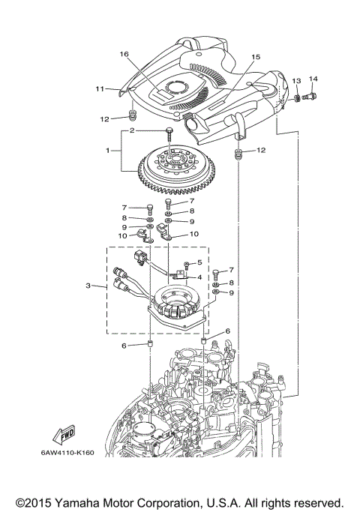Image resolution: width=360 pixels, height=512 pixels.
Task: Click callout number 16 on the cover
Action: tap(124, 54)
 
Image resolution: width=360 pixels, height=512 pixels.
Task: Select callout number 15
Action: tap(256, 56)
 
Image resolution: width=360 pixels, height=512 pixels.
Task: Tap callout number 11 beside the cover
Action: tap(99, 89)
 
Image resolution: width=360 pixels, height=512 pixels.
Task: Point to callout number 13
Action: tap(296, 80)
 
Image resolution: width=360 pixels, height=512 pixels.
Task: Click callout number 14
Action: tap(313, 79)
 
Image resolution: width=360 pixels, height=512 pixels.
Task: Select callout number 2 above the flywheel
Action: tap(131, 130)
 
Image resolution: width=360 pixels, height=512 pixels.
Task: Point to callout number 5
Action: tap(199, 262)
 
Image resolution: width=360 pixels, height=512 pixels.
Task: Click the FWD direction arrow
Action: tap(63, 436)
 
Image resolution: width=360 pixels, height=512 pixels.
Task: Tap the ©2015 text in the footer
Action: tap(37, 502)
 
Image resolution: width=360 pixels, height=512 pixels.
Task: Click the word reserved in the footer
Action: tap(316, 502)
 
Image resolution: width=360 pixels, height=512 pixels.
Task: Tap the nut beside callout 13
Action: tap(298, 97)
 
